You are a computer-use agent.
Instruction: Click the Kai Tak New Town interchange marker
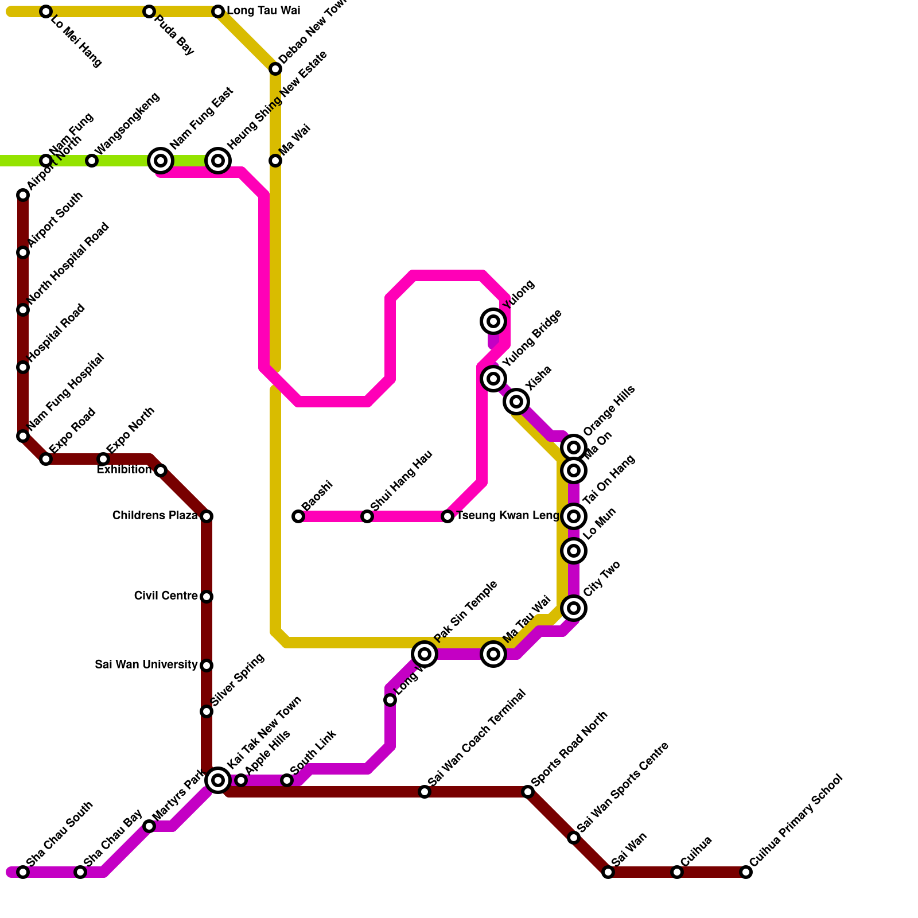218,780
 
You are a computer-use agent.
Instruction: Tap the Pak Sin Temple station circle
425,654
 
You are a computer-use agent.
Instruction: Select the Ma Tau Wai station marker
493,654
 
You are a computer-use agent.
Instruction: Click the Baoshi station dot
298,516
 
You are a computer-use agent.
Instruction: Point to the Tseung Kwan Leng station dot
448,516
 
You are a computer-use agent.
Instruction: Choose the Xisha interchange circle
516,401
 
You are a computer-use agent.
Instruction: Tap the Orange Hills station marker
574,447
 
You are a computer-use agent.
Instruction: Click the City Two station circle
574,608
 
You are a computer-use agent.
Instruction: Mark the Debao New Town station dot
275,69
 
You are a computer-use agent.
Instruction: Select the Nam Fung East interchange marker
161,161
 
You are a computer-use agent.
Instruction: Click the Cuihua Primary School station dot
746,872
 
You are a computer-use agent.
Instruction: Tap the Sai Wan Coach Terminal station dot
425,792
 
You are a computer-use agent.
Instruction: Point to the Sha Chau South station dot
23,872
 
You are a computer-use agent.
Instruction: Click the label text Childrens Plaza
155,516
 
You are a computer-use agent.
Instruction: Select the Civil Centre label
166,596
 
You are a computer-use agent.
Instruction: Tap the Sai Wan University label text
146,665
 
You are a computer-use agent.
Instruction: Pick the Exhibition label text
124,470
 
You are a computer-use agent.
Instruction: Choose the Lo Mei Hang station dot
46,11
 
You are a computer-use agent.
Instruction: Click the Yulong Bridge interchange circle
493,378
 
